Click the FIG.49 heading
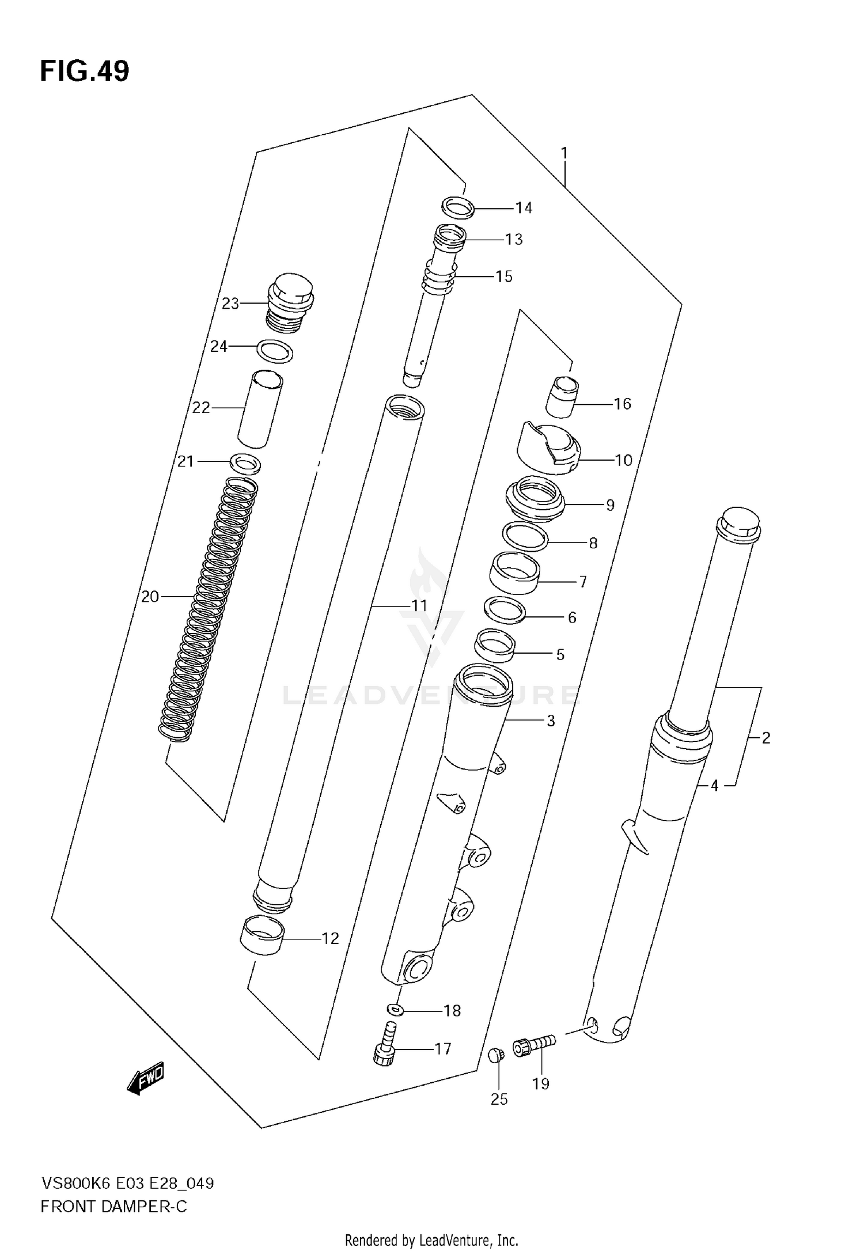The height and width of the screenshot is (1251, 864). click(x=85, y=71)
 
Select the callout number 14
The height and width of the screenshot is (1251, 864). click(x=524, y=208)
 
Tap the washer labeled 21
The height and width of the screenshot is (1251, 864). click(x=245, y=463)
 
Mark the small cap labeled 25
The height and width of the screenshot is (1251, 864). click(x=495, y=1055)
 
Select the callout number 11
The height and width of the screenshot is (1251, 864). click(x=419, y=605)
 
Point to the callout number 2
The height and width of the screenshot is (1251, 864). click(x=766, y=738)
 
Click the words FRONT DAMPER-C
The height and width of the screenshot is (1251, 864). click(x=113, y=1206)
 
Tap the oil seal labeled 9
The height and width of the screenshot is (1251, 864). click(x=534, y=499)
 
